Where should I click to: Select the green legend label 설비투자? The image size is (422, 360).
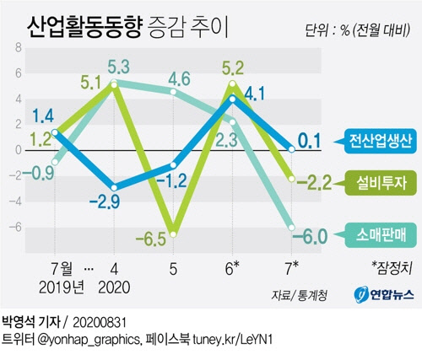[x=378, y=179]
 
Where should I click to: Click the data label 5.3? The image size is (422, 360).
[x=118, y=65]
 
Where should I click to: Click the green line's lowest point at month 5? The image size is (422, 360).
[x=174, y=234]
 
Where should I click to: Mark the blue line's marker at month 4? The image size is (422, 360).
[x=113, y=187]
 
